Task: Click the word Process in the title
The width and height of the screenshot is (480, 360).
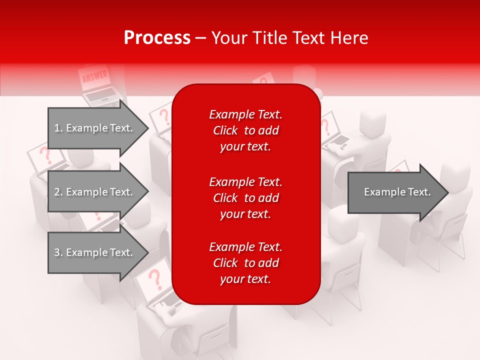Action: click(x=157, y=38)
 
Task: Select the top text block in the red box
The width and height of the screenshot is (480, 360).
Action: click(x=245, y=130)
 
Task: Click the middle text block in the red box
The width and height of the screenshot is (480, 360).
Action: click(x=245, y=198)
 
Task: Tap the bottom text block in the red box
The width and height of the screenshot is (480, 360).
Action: click(x=245, y=263)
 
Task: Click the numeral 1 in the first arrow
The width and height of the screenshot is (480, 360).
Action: click(x=56, y=128)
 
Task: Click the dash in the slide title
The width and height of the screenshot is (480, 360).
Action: click(x=201, y=38)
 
